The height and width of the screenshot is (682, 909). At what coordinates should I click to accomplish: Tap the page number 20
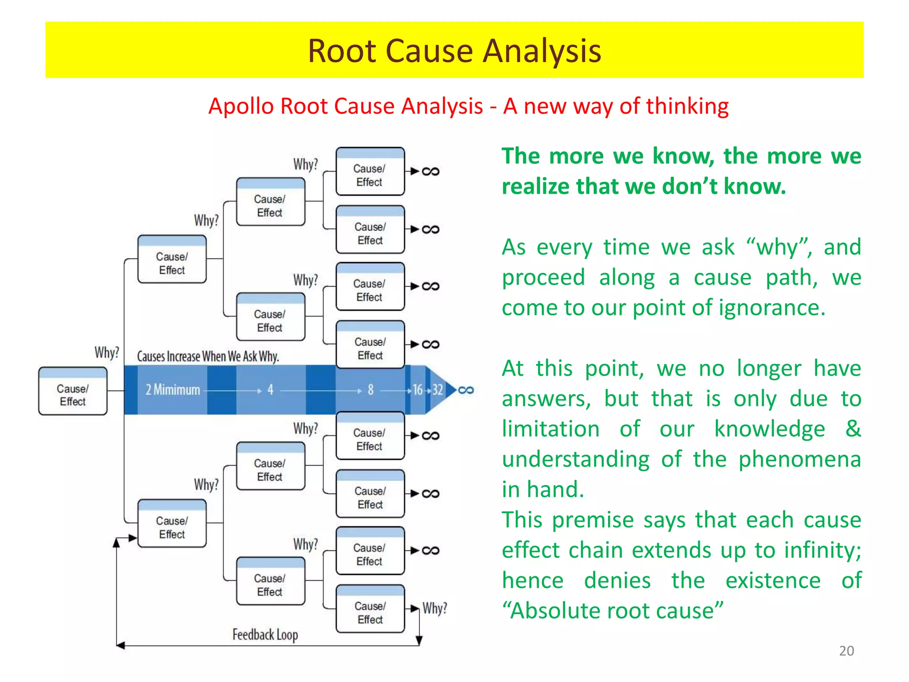(x=846, y=650)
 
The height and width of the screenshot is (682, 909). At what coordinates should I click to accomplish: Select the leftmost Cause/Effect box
(x=73, y=392)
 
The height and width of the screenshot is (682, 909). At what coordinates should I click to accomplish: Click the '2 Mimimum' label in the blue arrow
(x=173, y=390)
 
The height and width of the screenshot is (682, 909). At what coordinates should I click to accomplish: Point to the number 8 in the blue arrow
(x=371, y=390)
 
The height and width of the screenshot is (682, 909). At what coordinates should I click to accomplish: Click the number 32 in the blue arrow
(x=438, y=390)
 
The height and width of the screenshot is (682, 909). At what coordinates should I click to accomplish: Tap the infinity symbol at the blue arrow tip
(x=466, y=390)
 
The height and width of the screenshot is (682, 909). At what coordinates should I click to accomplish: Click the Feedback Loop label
(x=265, y=634)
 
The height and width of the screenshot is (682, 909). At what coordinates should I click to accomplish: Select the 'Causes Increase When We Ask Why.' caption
(x=208, y=356)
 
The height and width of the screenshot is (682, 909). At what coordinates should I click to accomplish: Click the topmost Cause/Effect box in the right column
(x=370, y=172)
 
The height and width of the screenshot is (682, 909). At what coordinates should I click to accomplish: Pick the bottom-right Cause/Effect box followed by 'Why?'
(x=370, y=609)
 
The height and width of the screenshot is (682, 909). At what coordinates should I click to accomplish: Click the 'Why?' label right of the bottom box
(x=435, y=608)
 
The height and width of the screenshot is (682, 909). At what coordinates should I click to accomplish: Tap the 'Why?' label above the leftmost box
(x=107, y=353)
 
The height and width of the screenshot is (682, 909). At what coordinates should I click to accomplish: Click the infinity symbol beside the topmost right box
(x=430, y=171)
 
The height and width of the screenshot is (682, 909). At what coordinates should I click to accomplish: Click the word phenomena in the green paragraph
(x=799, y=459)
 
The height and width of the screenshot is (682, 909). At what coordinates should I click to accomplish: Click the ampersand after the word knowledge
(x=853, y=428)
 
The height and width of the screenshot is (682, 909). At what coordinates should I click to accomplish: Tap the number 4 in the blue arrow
(x=270, y=390)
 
